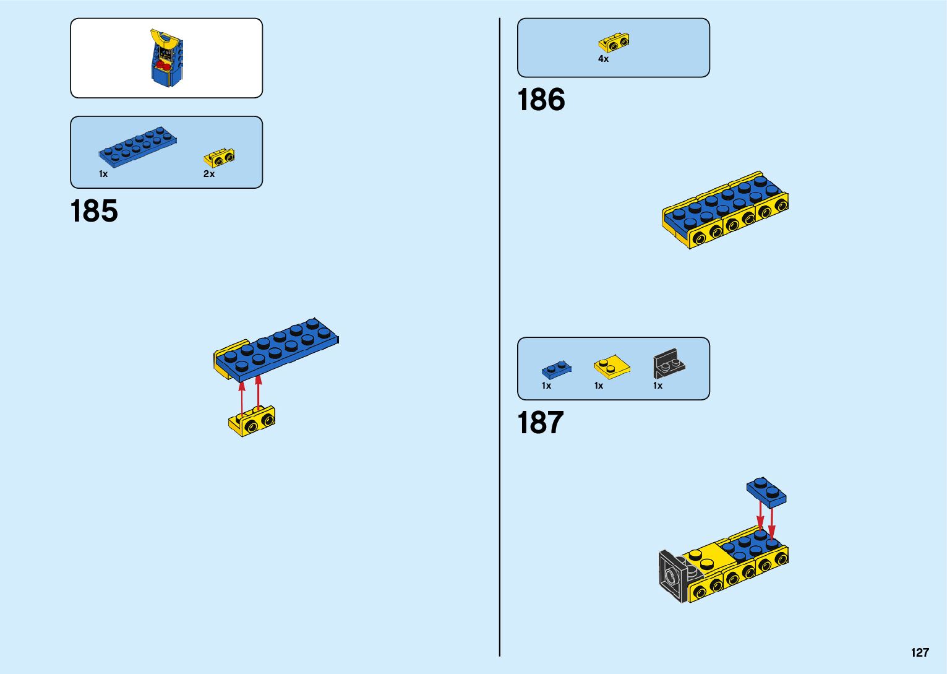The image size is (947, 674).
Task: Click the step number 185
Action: pos(94,212)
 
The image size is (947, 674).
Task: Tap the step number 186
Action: pos(541,100)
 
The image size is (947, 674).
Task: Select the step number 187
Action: pos(541,423)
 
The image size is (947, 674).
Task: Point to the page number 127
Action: pos(920,652)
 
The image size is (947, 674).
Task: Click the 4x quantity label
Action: pos(603,59)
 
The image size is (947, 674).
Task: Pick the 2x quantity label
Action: pos(209,174)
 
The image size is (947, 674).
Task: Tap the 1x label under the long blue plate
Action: pos(103,174)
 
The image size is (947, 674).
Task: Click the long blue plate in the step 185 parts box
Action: pos(138,147)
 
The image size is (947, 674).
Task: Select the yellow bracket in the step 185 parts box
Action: pos(220,158)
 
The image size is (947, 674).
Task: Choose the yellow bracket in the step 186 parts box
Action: pos(614,42)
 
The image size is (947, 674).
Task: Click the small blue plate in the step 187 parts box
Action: pos(557,369)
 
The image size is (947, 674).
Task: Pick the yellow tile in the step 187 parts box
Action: pos(612,368)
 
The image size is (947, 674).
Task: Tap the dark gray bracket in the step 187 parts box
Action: pos(668,364)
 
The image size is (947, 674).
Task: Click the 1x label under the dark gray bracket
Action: pos(658,386)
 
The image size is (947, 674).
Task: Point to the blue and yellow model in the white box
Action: pos(166,58)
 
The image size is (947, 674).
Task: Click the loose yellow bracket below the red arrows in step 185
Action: pos(252,421)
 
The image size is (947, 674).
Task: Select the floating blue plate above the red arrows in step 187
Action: pos(766,492)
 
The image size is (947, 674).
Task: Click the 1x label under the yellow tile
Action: pos(599,386)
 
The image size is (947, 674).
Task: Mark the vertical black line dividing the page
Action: pos(500,337)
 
